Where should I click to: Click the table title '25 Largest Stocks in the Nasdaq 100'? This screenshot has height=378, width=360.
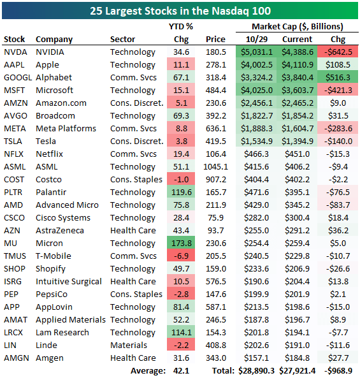180,11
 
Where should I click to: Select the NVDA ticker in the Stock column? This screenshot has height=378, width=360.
15,52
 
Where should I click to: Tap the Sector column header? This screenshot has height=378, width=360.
122,40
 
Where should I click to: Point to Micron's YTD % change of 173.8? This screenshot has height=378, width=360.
181,244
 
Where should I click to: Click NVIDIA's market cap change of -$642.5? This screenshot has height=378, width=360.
338,52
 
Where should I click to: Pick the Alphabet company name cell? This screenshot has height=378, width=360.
54,78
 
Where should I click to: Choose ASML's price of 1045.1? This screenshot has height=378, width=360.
215,167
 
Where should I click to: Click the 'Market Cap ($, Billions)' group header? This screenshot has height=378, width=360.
298,27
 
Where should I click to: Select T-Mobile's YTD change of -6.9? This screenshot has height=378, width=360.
181,256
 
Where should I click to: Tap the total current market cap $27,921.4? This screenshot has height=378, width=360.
297,371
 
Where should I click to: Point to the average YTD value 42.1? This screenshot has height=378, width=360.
181,371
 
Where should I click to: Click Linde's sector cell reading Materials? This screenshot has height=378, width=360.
129,345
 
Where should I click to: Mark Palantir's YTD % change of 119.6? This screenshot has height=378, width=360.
181,193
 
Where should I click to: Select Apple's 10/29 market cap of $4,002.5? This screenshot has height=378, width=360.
257,65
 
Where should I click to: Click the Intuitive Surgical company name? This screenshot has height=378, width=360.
69,282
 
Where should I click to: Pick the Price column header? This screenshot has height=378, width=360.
215,40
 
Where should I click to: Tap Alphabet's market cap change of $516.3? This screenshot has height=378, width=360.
338,78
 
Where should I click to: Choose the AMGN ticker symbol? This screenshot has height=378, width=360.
17,358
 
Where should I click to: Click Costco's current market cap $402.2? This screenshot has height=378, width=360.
297,180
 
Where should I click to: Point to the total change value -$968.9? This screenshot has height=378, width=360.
338,371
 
